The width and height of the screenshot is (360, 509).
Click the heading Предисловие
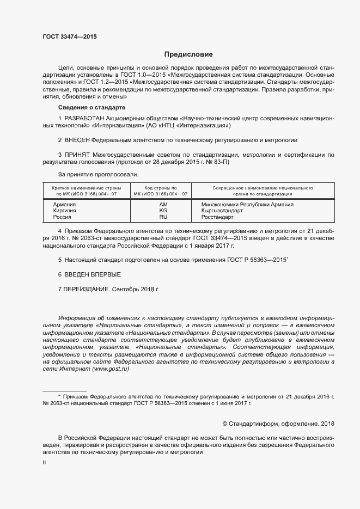tap(188, 54)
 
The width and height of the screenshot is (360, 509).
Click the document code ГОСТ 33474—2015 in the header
tap(70, 36)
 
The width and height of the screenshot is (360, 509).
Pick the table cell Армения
tap(65, 205)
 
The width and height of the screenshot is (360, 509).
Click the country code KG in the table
tap(163, 211)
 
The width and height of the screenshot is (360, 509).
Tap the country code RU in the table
tap(163, 217)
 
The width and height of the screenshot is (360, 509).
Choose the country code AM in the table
tap(163, 205)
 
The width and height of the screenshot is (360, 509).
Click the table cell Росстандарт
tap(217, 217)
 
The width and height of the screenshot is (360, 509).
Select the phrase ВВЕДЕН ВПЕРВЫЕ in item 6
tap(93, 274)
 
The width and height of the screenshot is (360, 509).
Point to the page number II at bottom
tap(44, 462)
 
